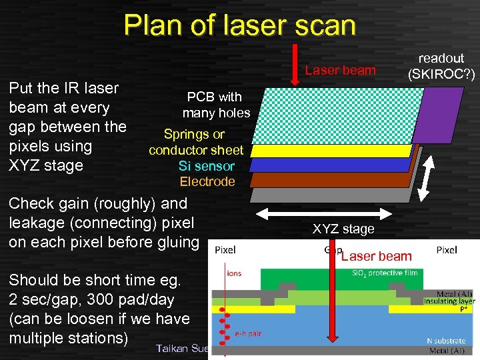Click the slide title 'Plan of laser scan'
[239, 25]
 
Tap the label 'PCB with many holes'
[215, 105]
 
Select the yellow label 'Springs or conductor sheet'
[196, 142]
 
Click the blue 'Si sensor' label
[207, 166]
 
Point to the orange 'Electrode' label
[207, 181]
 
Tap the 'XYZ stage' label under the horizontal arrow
[343, 229]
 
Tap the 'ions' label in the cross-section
[235, 273]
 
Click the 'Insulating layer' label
[449, 301]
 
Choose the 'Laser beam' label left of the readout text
[340, 70]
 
